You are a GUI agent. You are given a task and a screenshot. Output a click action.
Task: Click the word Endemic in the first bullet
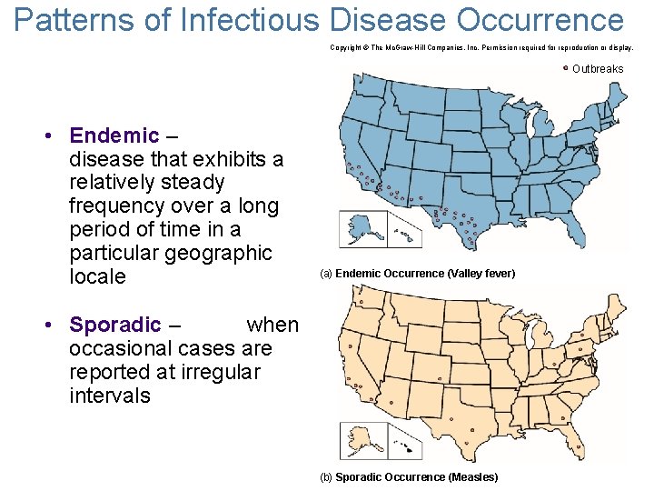[114, 136]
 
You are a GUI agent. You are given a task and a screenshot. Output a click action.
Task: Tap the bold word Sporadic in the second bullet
[115, 325]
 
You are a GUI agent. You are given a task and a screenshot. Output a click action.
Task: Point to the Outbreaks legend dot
[566, 68]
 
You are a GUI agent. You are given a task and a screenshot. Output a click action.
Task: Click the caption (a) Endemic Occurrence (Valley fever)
[417, 274]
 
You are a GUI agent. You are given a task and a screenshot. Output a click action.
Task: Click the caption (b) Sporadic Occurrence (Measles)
[409, 477]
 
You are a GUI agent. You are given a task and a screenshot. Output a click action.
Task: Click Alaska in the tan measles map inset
[362, 440]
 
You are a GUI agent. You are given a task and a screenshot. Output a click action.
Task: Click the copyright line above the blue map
[481, 45]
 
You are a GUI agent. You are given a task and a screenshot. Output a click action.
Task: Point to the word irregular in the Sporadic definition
[217, 372]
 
